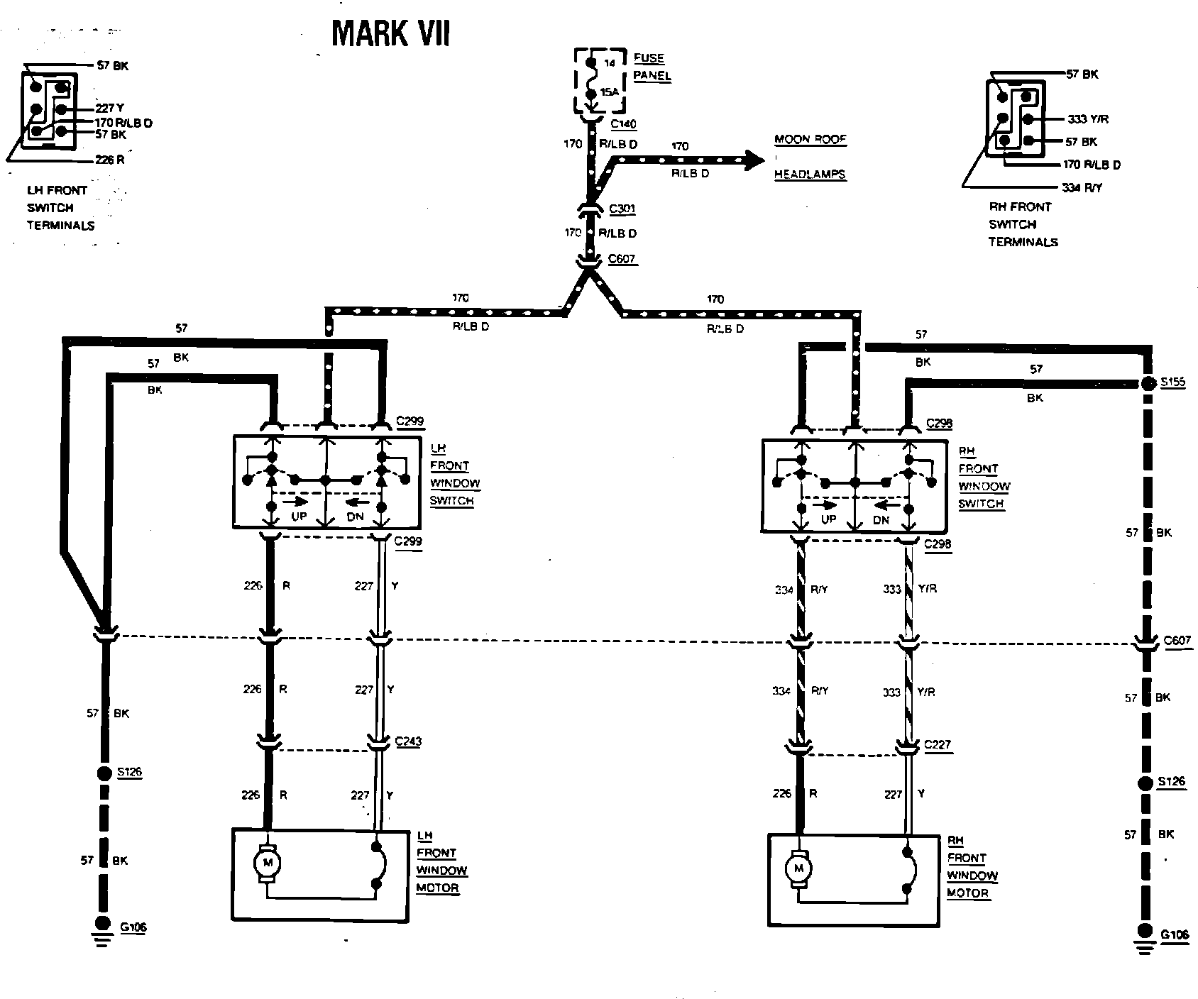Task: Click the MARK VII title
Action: click(x=390, y=33)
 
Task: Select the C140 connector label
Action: click(x=624, y=124)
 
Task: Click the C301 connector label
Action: click(x=622, y=209)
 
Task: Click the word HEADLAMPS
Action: click(x=810, y=174)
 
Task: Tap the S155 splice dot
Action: click(x=1148, y=384)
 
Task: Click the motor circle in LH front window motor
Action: click(x=268, y=863)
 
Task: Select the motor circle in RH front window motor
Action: click(x=799, y=868)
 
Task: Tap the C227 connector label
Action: click(x=938, y=745)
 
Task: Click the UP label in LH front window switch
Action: click(x=299, y=517)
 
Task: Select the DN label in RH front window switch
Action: click(x=881, y=520)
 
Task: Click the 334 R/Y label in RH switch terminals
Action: click(x=1082, y=188)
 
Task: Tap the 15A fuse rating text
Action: click(x=609, y=93)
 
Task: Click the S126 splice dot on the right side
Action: click(x=1145, y=783)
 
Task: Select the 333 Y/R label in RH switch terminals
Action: click(x=1088, y=119)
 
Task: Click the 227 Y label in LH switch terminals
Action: click(x=110, y=109)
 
